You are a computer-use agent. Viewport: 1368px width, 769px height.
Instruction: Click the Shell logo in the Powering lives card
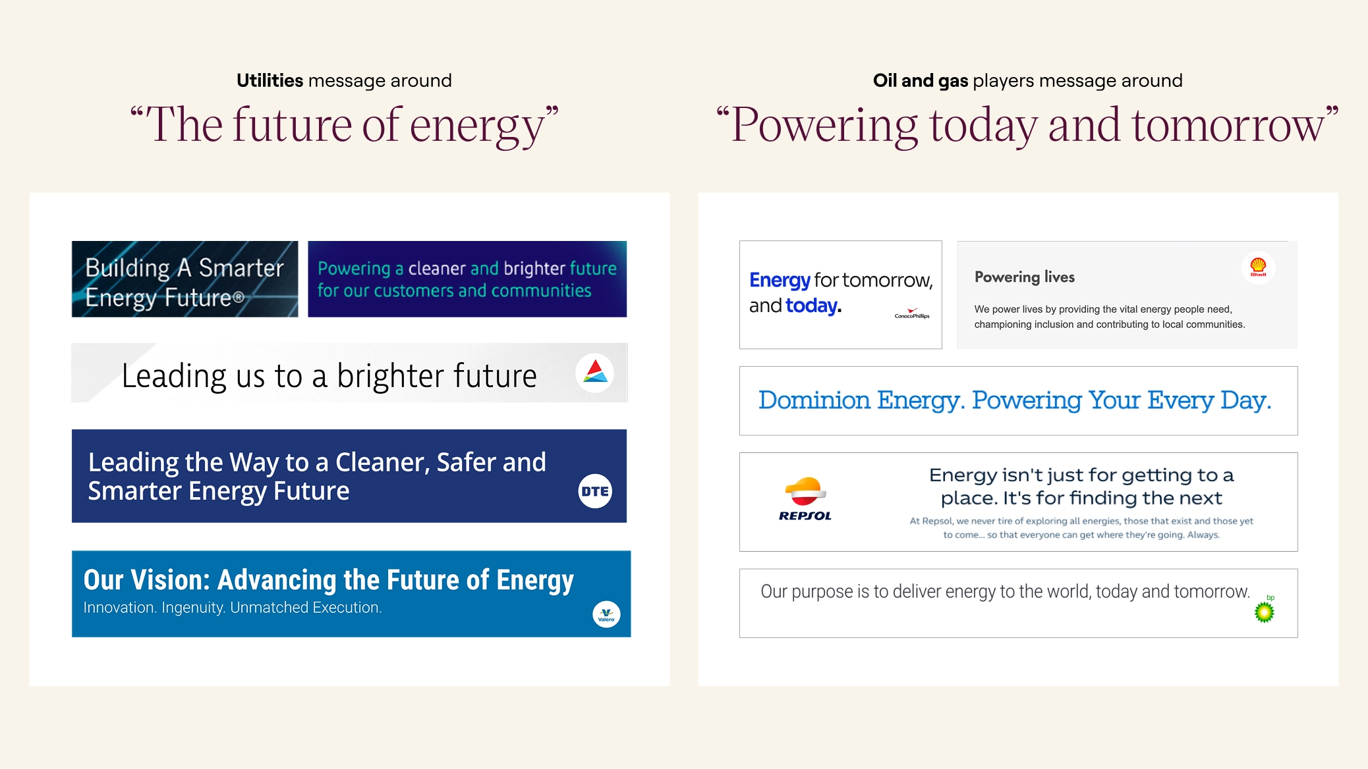[1258, 267]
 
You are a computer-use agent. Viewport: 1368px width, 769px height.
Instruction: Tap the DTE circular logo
[595, 491]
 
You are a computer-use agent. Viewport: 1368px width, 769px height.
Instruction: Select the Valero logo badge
[606, 615]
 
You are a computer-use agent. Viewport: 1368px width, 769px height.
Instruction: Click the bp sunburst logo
[1265, 610]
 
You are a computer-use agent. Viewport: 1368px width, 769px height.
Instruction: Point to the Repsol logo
[805, 499]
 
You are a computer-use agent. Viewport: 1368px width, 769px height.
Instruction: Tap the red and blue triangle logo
[595, 373]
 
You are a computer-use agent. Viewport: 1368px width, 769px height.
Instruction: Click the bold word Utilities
[270, 81]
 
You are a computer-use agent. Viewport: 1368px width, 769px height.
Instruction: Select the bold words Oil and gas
[921, 81]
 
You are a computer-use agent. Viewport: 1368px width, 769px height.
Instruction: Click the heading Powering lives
[1025, 277]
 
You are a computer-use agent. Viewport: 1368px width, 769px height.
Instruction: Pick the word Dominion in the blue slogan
[814, 400]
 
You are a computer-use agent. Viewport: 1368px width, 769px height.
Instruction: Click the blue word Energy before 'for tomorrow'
[780, 280]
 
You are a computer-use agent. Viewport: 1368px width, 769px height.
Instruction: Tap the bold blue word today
[813, 305]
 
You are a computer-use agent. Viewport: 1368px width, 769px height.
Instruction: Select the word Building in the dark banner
[128, 269]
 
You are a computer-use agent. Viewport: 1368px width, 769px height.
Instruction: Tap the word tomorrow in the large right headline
[1228, 125]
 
